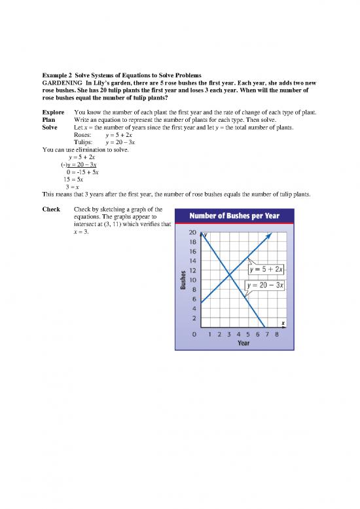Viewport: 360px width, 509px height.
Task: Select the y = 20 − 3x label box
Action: [x=264, y=286]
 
